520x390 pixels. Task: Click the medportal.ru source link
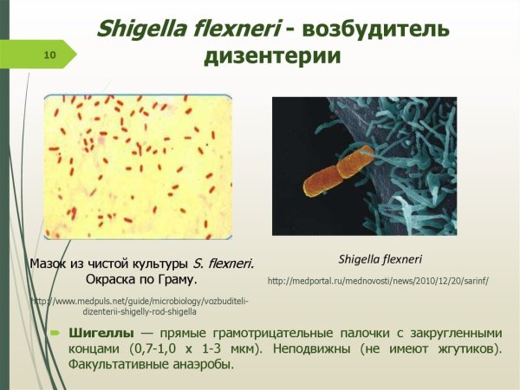click(x=379, y=281)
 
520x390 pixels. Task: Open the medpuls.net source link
click(x=139, y=305)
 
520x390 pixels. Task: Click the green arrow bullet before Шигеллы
click(x=55, y=333)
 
